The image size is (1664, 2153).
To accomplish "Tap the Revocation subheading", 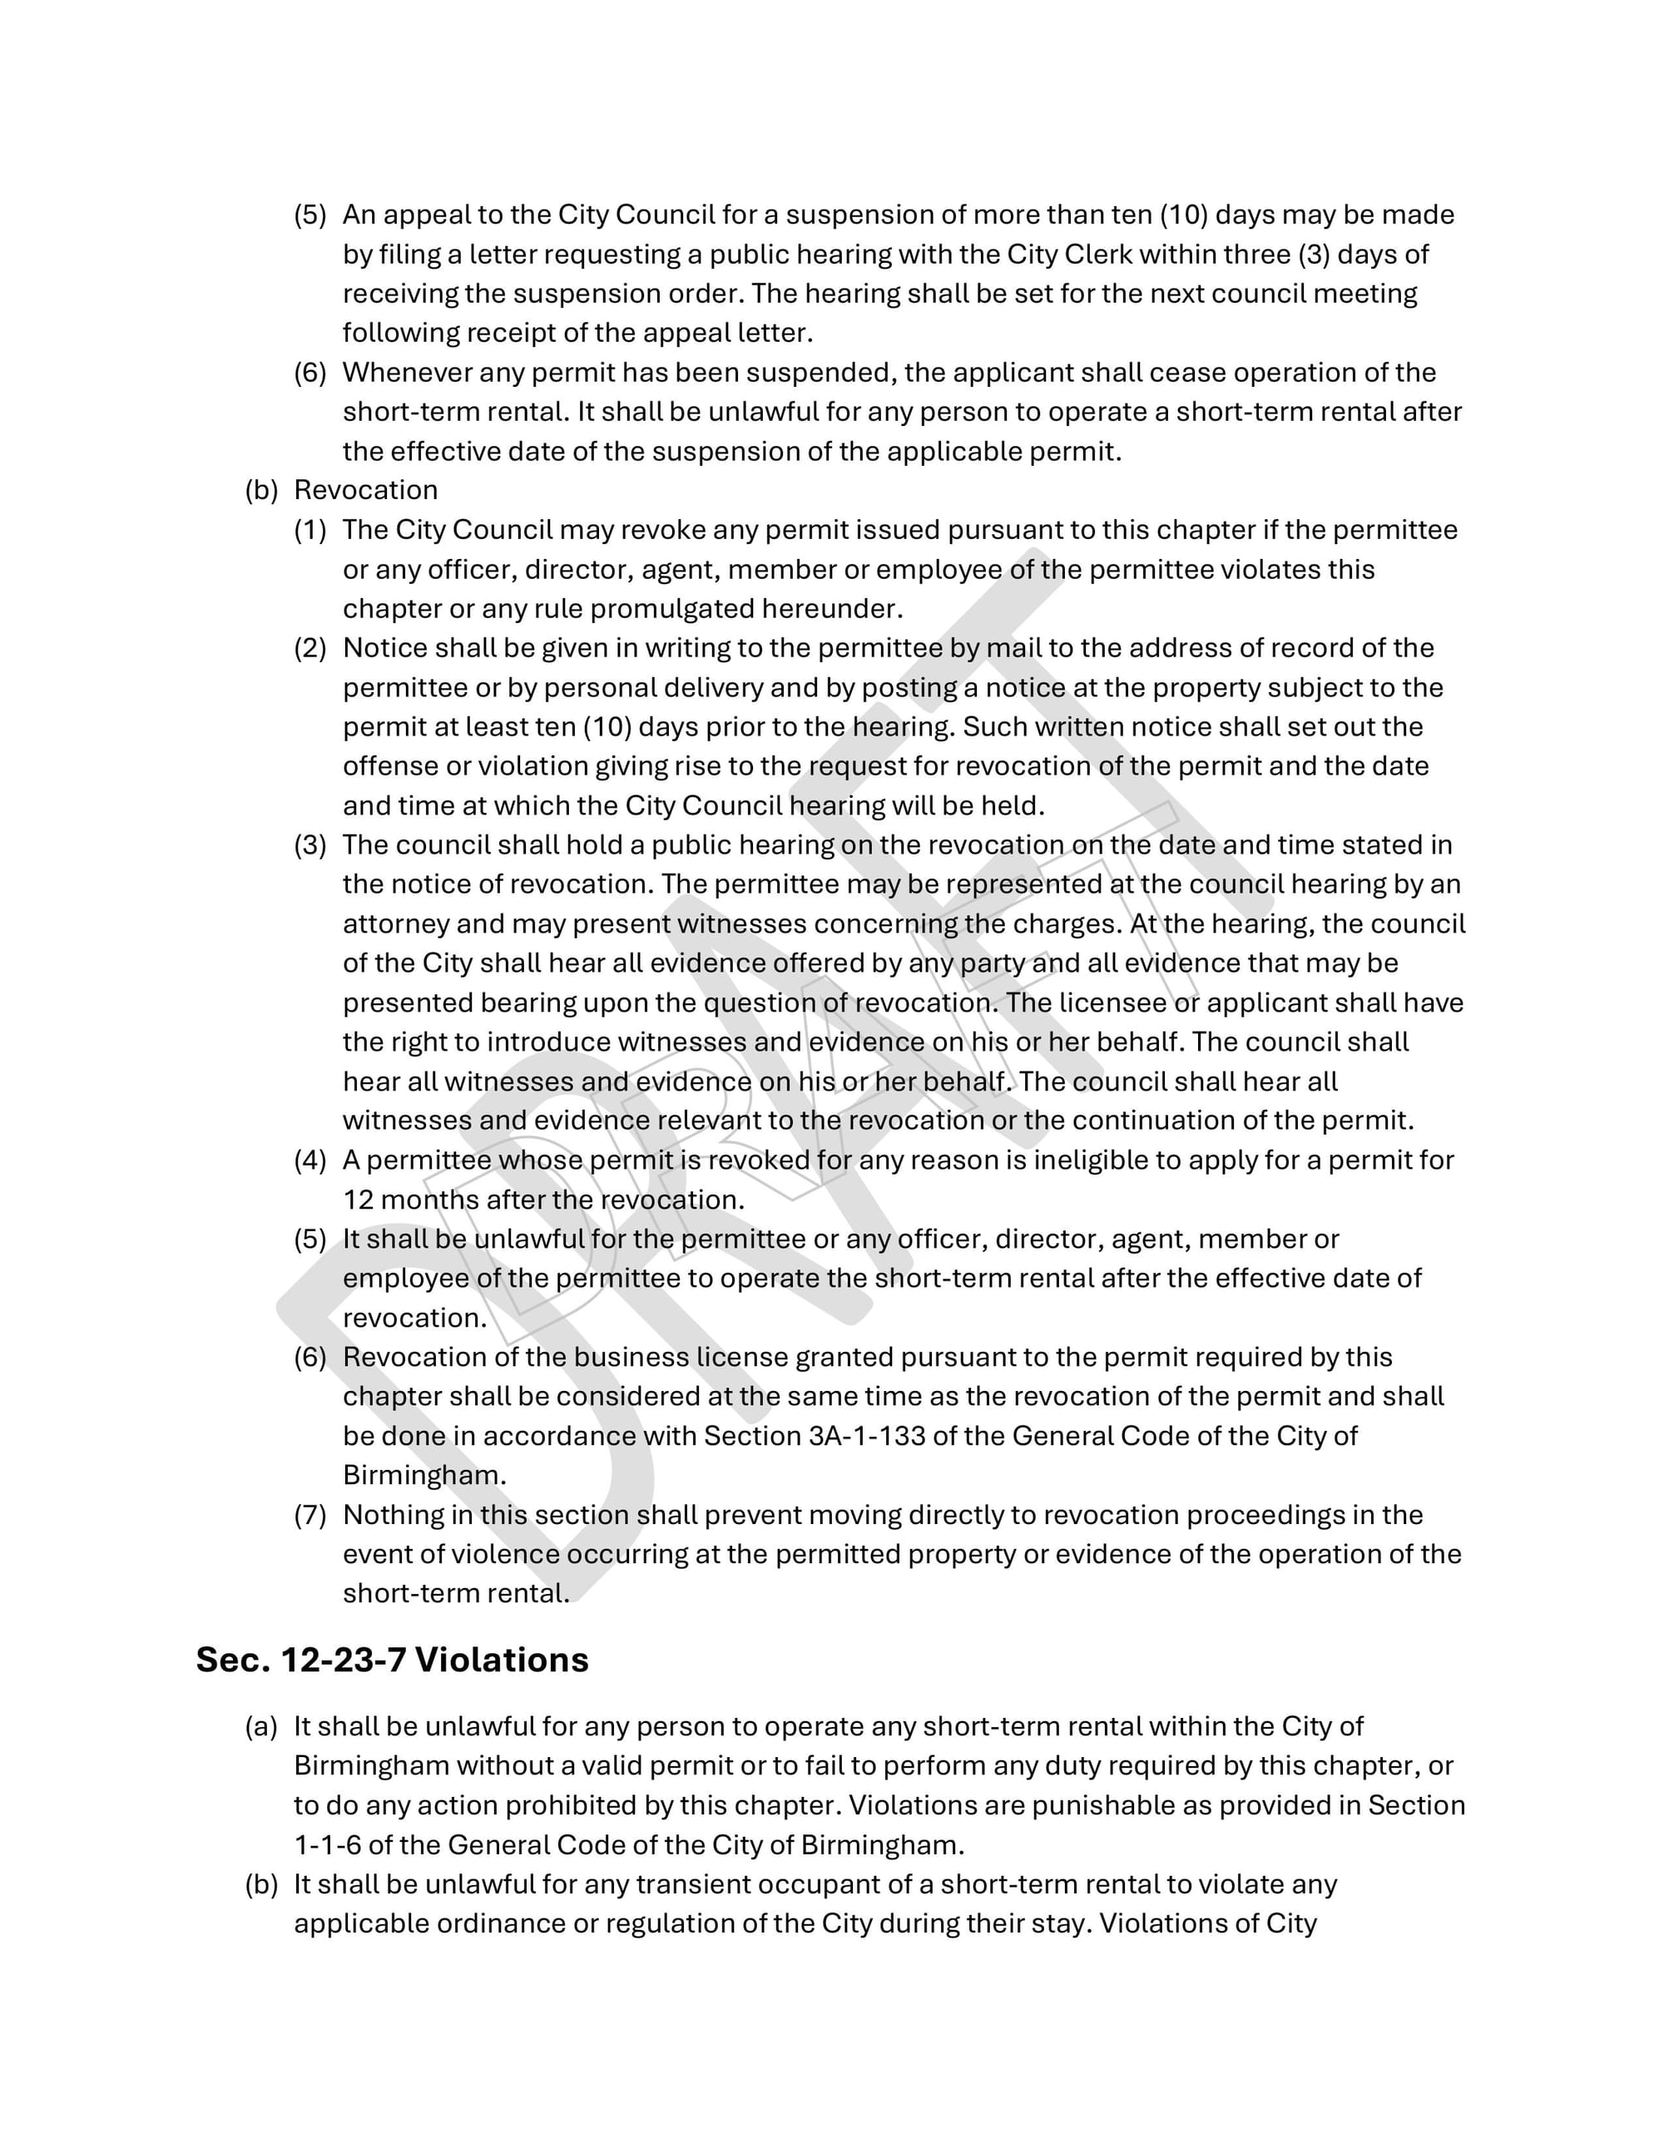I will [x=366, y=490].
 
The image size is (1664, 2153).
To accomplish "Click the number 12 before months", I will [x=358, y=1200].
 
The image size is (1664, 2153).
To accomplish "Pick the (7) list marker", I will [x=310, y=1514].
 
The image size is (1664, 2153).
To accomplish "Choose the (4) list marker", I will [x=310, y=1161].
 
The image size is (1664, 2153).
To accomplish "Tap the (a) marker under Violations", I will [x=260, y=1726].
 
